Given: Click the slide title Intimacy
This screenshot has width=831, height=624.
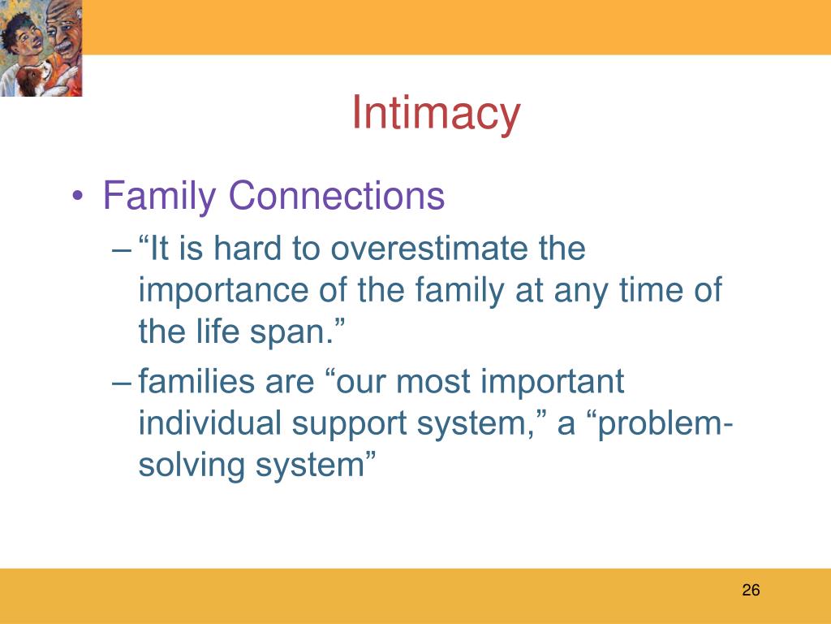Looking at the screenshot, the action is (436, 114).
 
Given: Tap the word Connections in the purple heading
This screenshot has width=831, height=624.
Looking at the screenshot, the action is (337, 195).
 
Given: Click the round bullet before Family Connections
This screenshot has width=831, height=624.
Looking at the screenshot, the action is (77, 197).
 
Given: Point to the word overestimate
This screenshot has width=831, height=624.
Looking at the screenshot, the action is (428, 249).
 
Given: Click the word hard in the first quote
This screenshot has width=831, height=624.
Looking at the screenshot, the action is (248, 248).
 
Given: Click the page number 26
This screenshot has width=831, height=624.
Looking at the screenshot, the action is (751, 590).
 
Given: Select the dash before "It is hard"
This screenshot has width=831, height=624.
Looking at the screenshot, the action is (122, 250).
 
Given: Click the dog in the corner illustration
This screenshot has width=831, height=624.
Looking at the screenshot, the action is (32, 78).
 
